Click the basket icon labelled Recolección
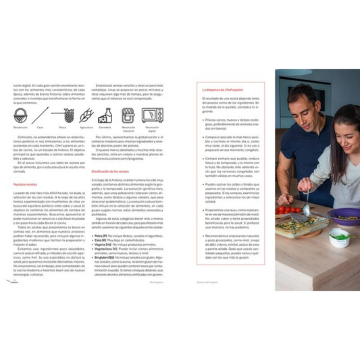coord(21,114)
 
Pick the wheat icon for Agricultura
coord(86,115)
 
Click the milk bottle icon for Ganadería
coord(105,114)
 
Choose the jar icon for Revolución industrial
coord(128,114)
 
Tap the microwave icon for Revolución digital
coord(151,114)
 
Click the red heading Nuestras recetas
coord(26,184)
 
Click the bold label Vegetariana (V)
coord(107,249)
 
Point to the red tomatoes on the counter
coord(286,211)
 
